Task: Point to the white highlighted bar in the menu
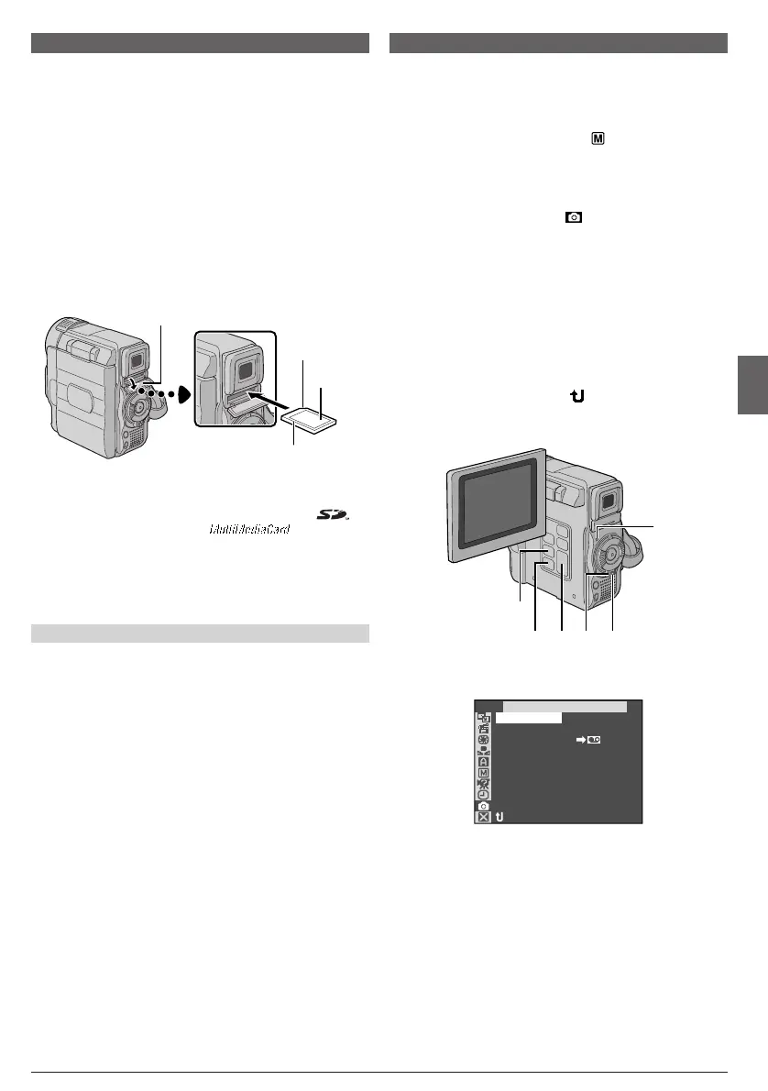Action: click(x=531, y=720)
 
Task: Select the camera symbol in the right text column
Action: click(x=574, y=217)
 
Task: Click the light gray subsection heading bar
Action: click(x=200, y=634)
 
